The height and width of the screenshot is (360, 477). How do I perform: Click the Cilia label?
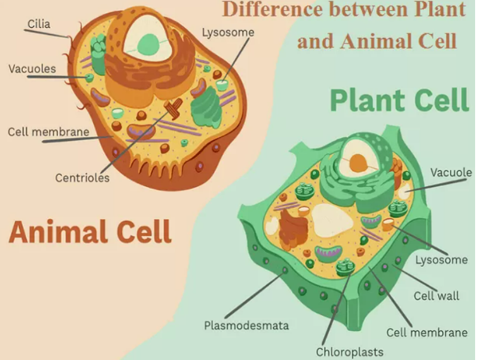pos(39,24)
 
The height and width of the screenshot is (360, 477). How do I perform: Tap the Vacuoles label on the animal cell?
pos(32,68)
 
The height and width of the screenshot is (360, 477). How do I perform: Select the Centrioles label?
pos(82,177)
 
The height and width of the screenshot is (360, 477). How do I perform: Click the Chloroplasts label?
pos(349,351)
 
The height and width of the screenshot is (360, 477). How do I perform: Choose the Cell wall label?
pos(437,295)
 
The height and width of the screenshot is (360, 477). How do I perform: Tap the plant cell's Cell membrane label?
pos(427,332)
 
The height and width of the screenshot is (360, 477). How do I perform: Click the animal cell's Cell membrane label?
pos(48,132)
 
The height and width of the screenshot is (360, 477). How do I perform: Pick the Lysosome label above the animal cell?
pos(228,32)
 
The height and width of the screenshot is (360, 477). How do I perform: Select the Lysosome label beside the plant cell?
pos(442,260)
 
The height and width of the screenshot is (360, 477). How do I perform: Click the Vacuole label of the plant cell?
pos(451,172)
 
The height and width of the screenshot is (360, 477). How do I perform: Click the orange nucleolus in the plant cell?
pos(359,163)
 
